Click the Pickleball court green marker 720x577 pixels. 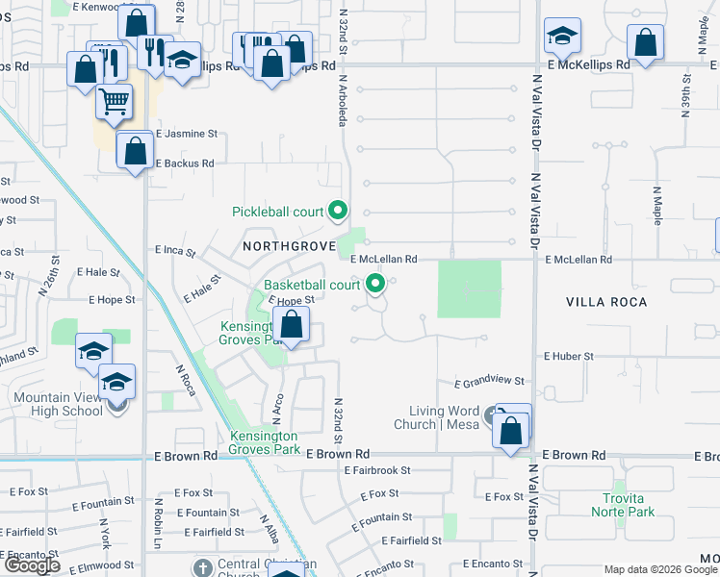337,210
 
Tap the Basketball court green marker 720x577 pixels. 375,284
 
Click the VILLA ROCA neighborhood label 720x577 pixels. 606,301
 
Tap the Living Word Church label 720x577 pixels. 442,417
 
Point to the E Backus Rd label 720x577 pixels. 186,163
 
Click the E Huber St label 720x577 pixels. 569,356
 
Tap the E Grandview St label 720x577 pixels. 489,383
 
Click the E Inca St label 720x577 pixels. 175,252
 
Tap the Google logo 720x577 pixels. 32,565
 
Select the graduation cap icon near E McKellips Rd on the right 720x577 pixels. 562,38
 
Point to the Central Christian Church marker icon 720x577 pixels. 201,566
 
